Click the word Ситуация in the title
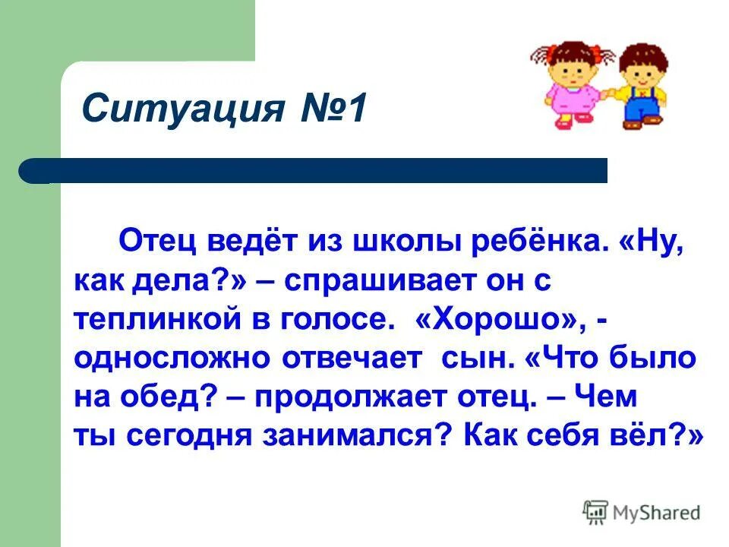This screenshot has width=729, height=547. (181, 109)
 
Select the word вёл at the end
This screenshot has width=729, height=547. (655, 436)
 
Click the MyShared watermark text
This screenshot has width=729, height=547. (658, 513)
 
